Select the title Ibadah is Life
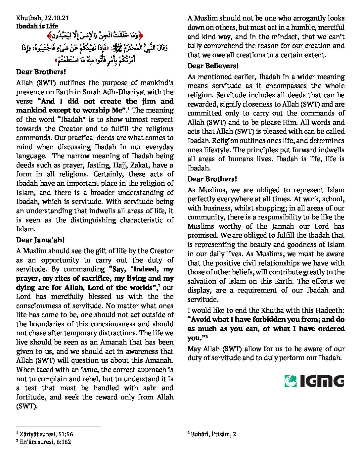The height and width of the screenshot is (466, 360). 37,26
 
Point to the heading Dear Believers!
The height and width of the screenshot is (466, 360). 213,66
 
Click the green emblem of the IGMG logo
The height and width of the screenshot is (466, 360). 291,381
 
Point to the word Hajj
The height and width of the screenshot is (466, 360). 122,165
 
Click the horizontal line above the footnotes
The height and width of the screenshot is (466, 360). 59,427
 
